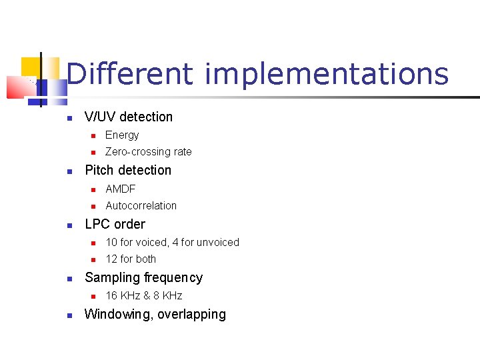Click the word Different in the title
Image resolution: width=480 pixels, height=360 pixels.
coord(129,73)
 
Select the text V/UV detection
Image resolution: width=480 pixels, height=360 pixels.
coord(129,117)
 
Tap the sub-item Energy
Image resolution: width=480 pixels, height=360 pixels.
coord(122,135)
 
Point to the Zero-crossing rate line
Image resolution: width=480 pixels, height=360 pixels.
coord(148,152)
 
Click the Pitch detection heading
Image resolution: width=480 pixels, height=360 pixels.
coord(128,171)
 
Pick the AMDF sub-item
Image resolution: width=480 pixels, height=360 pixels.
coord(120,189)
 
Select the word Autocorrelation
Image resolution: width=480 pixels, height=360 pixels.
coord(141,206)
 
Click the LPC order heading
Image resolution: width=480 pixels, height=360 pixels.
coord(115,225)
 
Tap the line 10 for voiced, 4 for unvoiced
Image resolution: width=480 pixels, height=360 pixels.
coord(172,243)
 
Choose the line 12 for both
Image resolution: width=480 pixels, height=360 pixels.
coord(131,259)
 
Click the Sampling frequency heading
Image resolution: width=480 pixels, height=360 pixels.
coord(143,278)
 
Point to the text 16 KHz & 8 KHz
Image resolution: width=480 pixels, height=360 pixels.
coord(143,296)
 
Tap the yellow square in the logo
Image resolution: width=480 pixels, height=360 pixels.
coord(31,67)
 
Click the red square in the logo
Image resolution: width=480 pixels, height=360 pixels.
coord(16,87)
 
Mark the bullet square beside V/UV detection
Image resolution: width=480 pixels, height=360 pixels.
coord(69,118)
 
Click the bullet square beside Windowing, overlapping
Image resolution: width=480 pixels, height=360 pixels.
coord(69,315)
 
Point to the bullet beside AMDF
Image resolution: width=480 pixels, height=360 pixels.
coord(94,190)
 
